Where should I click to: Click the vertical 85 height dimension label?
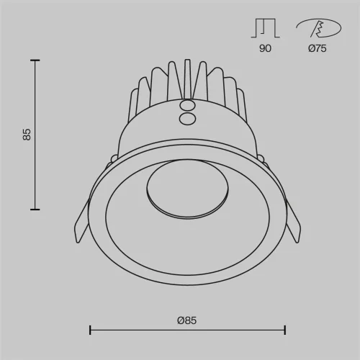coord(27,135)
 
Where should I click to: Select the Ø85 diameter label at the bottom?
coord(186,319)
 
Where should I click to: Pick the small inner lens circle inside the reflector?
coord(187,191)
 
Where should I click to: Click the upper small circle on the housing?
coord(187,104)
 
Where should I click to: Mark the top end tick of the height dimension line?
coord(34,60)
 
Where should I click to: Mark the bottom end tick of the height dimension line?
coord(34,209)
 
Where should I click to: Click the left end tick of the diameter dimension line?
coord(89,330)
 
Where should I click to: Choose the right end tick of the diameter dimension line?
coord(285,330)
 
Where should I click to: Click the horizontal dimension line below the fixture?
coord(187,330)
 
